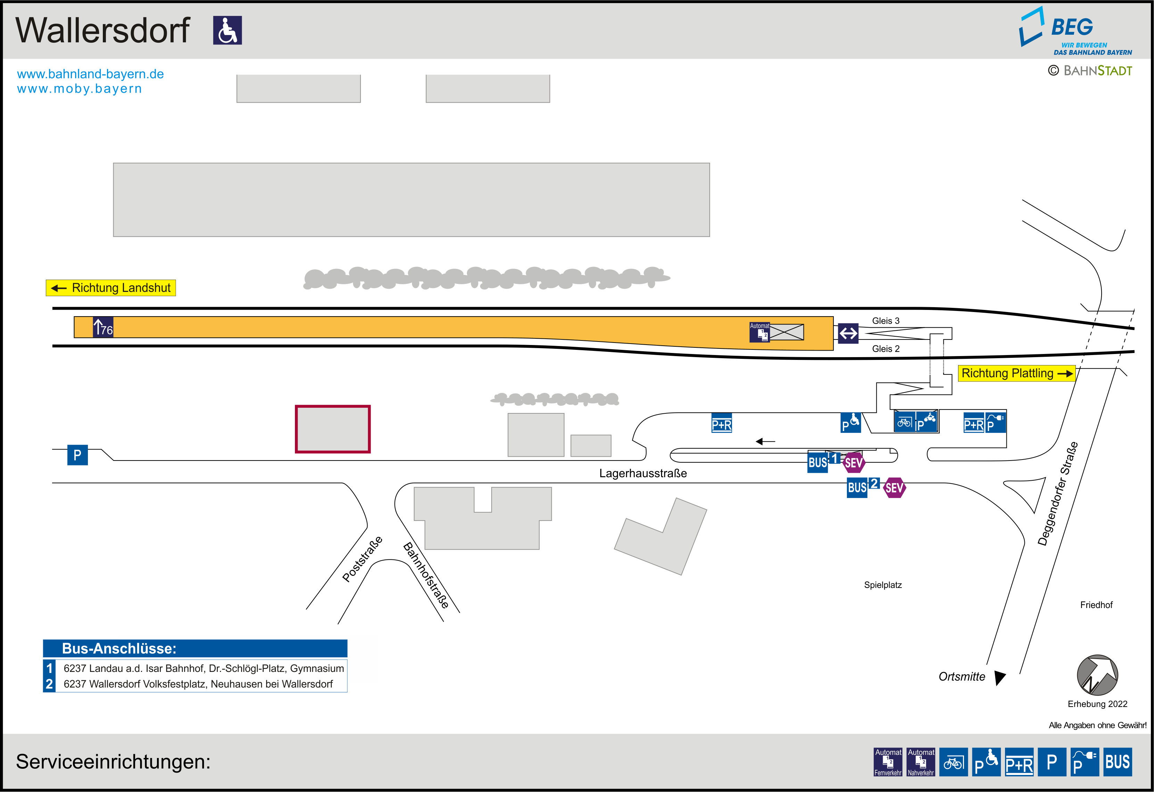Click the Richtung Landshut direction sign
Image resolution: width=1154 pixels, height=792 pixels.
click(x=111, y=288)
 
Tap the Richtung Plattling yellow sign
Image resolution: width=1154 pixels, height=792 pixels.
click(x=1016, y=373)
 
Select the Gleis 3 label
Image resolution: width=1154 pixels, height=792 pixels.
click(x=885, y=321)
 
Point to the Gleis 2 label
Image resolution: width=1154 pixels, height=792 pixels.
click(x=885, y=349)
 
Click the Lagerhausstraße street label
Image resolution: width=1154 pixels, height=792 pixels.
click(x=643, y=473)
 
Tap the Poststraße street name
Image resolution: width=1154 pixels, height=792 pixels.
click(x=362, y=559)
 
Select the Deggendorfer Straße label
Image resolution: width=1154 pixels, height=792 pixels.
click(x=1058, y=494)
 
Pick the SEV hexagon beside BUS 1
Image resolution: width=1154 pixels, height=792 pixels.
click(x=854, y=463)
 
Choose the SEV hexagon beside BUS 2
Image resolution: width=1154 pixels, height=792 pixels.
click(x=894, y=488)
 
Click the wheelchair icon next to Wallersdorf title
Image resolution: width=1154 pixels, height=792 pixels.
click(x=228, y=30)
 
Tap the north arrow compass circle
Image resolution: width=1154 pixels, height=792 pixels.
click(x=1097, y=675)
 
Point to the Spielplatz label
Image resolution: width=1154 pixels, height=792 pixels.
click(x=882, y=585)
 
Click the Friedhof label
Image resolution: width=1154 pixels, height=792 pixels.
click(x=1096, y=605)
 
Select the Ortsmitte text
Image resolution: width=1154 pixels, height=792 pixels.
click(x=961, y=677)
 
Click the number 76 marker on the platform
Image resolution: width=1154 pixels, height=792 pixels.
click(x=103, y=328)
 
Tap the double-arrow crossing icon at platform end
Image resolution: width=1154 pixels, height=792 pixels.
click(x=848, y=334)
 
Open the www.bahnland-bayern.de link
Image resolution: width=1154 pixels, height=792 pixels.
click(x=90, y=74)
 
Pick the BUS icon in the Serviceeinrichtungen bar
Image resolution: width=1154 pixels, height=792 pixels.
click(x=1117, y=762)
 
